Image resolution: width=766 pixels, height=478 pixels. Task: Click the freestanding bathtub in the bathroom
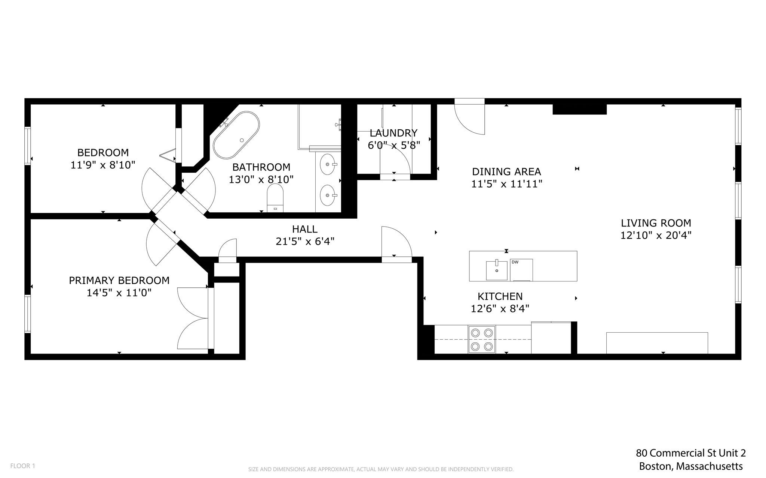[x=236, y=136]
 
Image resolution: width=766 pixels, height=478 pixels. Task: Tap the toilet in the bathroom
[x=275, y=198]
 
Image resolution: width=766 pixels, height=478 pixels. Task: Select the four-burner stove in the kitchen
[x=481, y=339]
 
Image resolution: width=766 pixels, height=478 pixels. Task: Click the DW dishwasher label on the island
[x=515, y=262]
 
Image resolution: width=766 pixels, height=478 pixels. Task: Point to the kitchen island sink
[x=497, y=271]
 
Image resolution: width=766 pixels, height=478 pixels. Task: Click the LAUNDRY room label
[x=393, y=133]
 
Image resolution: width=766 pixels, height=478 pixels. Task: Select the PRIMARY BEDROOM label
[x=119, y=280]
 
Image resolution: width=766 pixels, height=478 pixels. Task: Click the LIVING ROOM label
[x=656, y=223]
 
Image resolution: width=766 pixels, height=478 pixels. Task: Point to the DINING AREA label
[x=506, y=172]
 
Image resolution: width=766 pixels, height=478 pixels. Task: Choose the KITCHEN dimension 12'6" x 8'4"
[x=500, y=309]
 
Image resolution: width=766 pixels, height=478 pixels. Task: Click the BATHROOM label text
[x=261, y=167]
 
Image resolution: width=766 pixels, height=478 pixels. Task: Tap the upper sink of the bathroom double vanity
[x=328, y=164]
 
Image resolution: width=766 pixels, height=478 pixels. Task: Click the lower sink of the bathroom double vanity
[x=328, y=195]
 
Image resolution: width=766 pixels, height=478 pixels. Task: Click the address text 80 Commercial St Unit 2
[x=691, y=453]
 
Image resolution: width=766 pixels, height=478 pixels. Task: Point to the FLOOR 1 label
[x=22, y=466]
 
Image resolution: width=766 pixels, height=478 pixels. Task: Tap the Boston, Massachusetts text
[x=691, y=466]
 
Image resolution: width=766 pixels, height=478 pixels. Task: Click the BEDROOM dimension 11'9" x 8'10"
[x=102, y=165]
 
